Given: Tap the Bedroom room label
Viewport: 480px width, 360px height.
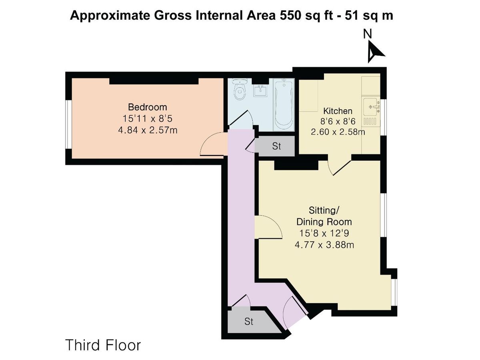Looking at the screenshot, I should tap(147, 107).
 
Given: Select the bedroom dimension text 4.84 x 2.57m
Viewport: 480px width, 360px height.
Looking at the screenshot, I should tap(147, 130).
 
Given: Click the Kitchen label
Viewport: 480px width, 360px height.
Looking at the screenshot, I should tap(338, 111).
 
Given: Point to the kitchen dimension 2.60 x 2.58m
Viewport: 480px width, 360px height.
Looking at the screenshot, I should tap(338, 132).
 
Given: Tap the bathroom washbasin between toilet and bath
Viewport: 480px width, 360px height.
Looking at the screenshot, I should tap(262, 90).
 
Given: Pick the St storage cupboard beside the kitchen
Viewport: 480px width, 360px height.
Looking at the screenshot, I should tap(276, 146).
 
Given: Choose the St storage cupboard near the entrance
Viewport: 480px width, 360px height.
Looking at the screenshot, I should tap(249, 321).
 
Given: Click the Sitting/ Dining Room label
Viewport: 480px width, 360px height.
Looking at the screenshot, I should tap(324, 216).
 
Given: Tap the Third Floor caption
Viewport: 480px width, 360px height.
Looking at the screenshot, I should tap(103, 345).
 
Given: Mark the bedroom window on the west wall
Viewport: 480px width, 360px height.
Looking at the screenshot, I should tap(68, 127).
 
